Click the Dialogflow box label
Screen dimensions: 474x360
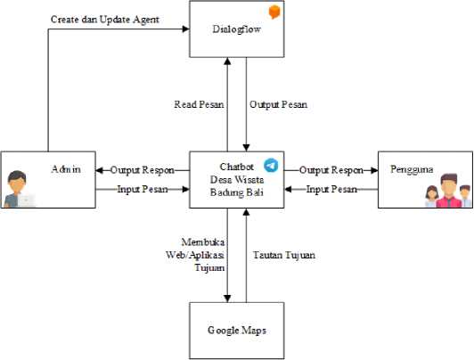pyautogui.click(x=236, y=29)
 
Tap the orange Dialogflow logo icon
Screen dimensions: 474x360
pyautogui.click(x=274, y=12)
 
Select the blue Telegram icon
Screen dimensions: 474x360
pyautogui.click(x=271, y=166)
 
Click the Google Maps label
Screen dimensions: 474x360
pyautogui.click(x=237, y=330)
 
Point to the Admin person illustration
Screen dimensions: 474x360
pyautogui.click(x=18, y=189)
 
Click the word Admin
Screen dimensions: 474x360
pyautogui.click(x=66, y=169)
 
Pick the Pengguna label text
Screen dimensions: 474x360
pyautogui.click(x=412, y=169)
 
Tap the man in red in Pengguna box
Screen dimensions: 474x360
pyautogui.click(x=449, y=191)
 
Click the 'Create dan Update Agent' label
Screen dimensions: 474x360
pyautogui.click(x=105, y=20)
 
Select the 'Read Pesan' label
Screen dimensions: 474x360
pyautogui.click(x=199, y=104)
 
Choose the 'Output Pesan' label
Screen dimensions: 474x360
pyautogui.click(x=278, y=104)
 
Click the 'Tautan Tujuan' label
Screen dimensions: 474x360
pyautogui.click(x=284, y=255)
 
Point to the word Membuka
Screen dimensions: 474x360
pyautogui.click(x=203, y=241)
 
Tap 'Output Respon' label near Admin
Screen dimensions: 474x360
pyautogui.click(x=143, y=170)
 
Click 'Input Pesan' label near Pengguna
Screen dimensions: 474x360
pyautogui.click(x=331, y=190)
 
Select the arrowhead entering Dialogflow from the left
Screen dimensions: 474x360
pyautogui.click(x=185, y=29)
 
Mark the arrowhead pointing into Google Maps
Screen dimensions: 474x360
pyautogui.click(x=227, y=299)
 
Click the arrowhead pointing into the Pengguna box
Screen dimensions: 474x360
pyautogui.click(x=374, y=170)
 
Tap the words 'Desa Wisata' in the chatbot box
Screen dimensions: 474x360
pyautogui.click(x=237, y=179)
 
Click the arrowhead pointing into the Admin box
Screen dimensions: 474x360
pyautogui.click(x=99, y=170)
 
